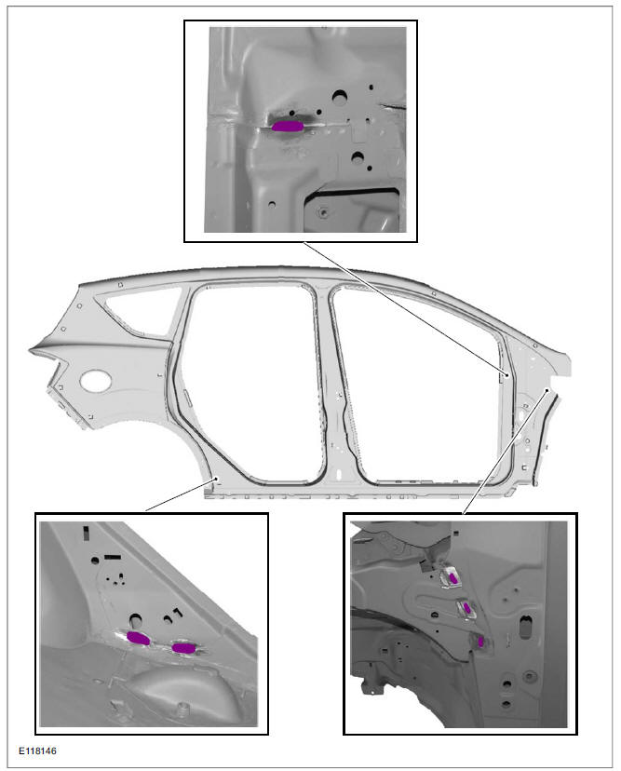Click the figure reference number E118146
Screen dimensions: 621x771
point(37,751)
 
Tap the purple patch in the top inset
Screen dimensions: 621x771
point(288,127)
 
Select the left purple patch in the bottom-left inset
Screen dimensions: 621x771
point(138,638)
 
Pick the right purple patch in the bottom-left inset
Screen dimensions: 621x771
point(183,648)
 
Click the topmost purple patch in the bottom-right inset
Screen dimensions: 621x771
point(453,578)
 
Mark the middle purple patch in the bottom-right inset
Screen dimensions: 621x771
point(467,609)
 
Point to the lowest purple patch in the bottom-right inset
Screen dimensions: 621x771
point(480,642)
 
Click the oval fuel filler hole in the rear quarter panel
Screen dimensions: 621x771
point(95,381)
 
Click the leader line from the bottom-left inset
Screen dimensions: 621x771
point(181,494)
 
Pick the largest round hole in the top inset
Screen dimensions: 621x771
point(339,97)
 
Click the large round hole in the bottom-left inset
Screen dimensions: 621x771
point(135,619)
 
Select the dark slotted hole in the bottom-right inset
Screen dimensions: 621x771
point(526,626)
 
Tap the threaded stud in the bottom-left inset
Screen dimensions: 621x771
point(182,710)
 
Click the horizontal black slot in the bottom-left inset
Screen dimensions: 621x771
point(113,557)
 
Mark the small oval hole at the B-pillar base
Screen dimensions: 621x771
point(339,475)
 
